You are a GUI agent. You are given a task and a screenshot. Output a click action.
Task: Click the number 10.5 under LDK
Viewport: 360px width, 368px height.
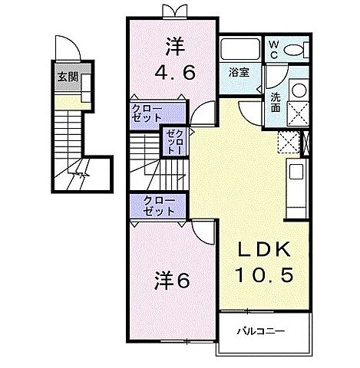[x=268, y=274]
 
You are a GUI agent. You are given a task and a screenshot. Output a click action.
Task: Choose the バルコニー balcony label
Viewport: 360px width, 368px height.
[x=259, y=330]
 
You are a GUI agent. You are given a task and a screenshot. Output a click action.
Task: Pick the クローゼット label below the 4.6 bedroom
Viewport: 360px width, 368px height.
[x=147, y=113]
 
